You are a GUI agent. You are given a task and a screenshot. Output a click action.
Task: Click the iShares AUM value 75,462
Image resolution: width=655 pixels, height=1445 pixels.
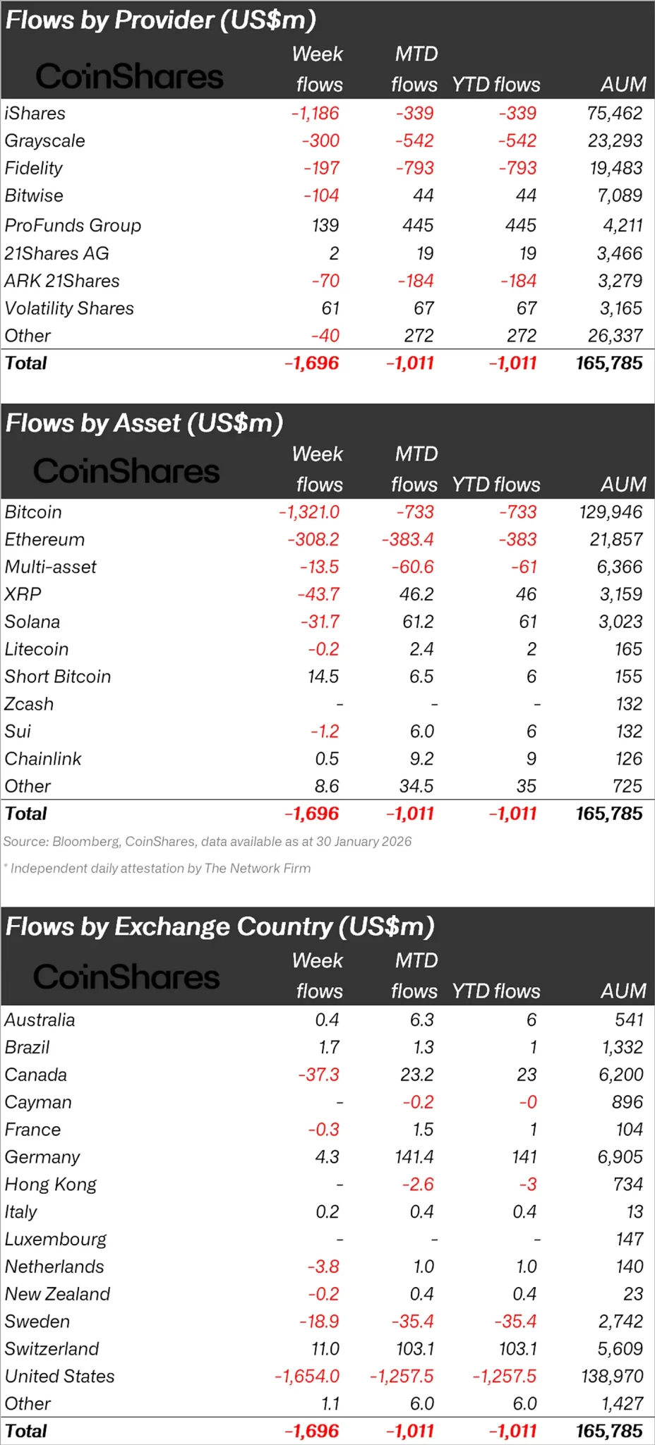click(x=614, y=113)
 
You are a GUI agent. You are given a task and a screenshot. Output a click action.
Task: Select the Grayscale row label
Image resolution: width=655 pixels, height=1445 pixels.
click(x=44, y=140)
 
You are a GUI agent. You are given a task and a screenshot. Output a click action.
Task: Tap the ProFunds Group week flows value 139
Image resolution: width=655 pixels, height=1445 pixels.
click(x=325, y=225)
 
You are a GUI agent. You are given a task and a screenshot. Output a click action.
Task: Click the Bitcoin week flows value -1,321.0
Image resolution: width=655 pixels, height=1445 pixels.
click(x=308, y=512)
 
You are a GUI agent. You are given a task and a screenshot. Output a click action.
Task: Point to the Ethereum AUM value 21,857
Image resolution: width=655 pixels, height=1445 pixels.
click(x=615, y=539)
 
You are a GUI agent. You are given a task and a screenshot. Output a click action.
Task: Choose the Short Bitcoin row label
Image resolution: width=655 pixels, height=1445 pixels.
click(x=58, y=676)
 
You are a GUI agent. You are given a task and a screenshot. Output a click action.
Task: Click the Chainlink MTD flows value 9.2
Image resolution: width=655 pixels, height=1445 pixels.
click(x=421, y=758)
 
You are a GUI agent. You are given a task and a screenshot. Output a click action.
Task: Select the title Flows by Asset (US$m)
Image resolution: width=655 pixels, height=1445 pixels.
click(x=144, y=423)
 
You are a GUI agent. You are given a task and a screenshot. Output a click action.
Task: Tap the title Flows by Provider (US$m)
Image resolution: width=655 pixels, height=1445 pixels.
click(x=160, y=20)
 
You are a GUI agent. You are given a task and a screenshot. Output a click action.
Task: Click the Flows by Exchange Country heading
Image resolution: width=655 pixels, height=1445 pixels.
click(x=220, y=926)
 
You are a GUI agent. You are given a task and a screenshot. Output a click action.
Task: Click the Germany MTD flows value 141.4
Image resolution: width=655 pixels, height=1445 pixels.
click(x=415, y=1156)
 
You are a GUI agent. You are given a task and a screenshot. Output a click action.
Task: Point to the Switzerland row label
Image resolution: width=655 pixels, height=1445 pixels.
click(x=52, y=1348)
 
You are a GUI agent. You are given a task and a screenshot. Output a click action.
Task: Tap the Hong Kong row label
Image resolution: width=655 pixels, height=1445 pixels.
click(x=50, y=1184)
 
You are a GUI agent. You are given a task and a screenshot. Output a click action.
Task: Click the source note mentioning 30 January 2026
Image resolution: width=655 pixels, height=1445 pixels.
click(x=208, y=841)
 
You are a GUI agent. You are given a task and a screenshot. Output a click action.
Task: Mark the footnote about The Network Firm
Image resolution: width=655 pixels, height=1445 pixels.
click(x=158, y=868)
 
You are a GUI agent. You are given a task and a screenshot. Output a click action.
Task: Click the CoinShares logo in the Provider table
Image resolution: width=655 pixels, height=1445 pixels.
click(x=129, y=76)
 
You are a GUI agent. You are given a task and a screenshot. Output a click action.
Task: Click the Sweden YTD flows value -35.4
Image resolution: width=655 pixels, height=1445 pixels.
click(x=515, y=1321)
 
